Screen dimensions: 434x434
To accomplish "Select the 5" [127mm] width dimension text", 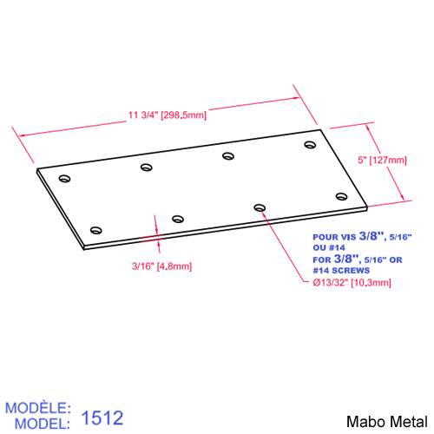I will [382, 160].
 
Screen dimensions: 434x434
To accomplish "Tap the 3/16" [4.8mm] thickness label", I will [162, 266].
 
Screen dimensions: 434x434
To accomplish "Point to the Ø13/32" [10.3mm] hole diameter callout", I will [352, 283].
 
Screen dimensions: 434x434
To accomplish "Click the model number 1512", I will [102, 418].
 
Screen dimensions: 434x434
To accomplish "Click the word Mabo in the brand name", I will [363, 421].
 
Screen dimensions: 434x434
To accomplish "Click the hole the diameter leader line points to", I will [260, 207].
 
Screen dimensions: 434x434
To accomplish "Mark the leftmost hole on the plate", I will [63, 178].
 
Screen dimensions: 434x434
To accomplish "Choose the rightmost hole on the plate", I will [340, 196].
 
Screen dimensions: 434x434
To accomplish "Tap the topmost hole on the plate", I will [310, 144].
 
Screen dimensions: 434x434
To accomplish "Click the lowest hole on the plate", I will [95, 230].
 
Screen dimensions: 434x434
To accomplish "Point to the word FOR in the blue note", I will [321, 259].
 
